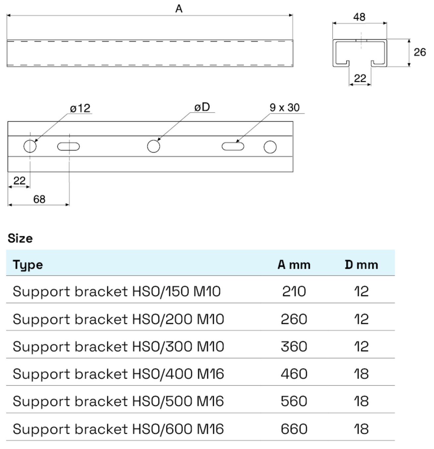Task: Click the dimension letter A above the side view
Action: click(x=179, y=9)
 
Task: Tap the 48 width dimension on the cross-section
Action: click(x=359, y=17)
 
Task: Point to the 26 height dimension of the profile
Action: click(x=419, y=52)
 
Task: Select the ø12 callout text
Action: click(x=80, y=108)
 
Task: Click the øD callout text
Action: click(x=202, y=107)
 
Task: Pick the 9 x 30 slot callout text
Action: click(x=284, y=107)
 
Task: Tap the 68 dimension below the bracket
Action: click(x=39, y=199)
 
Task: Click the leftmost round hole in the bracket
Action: click(x=30, y=146)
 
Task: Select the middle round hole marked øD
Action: click(x=154, y=146)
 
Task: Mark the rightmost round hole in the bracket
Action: click(x=270, y=147)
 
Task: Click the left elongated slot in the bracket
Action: click(x=68, y=146)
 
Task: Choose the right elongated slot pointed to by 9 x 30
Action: click(x=233, y=146)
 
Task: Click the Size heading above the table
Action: click(x=20, y=238)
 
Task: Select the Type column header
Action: click(x=28, y=265)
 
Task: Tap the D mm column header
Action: click(x=361, y=265)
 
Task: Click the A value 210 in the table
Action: click(x=294, y=292)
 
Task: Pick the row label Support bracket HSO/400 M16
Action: click(x=118, y=374)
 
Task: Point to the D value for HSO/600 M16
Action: click(x=361, y=429)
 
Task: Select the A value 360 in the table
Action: click(x=294, y=347)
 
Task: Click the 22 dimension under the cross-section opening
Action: click(x=360, y=78)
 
